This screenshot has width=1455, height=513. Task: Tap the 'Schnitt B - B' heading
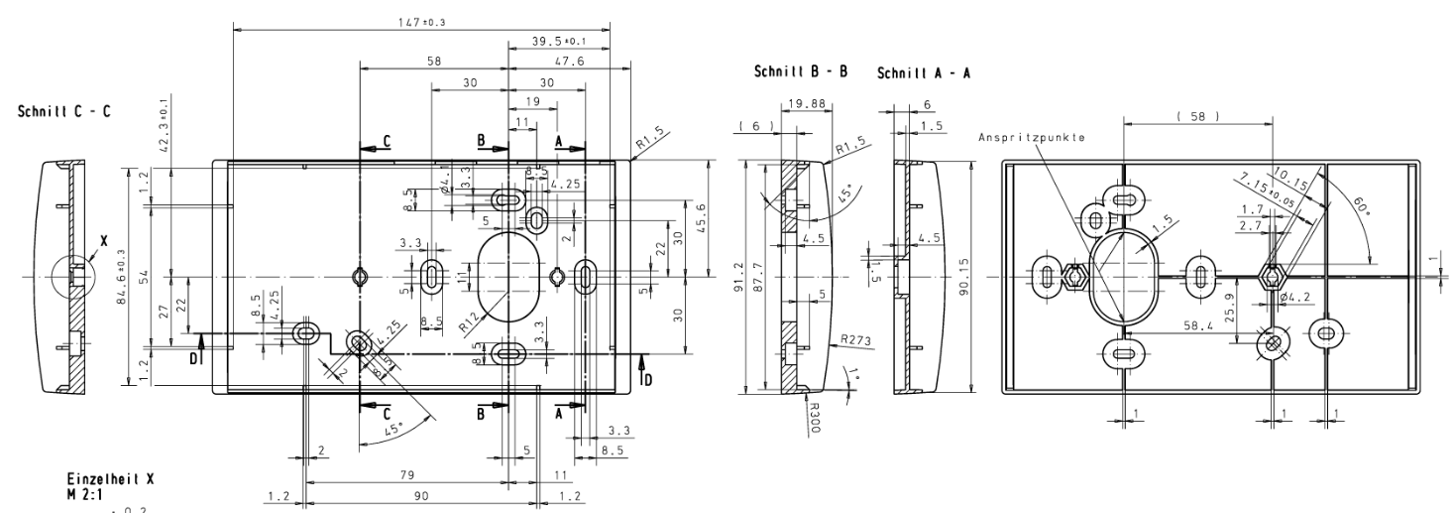801,73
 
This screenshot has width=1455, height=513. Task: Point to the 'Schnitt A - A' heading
924,73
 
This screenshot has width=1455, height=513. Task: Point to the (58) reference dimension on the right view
1198,116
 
